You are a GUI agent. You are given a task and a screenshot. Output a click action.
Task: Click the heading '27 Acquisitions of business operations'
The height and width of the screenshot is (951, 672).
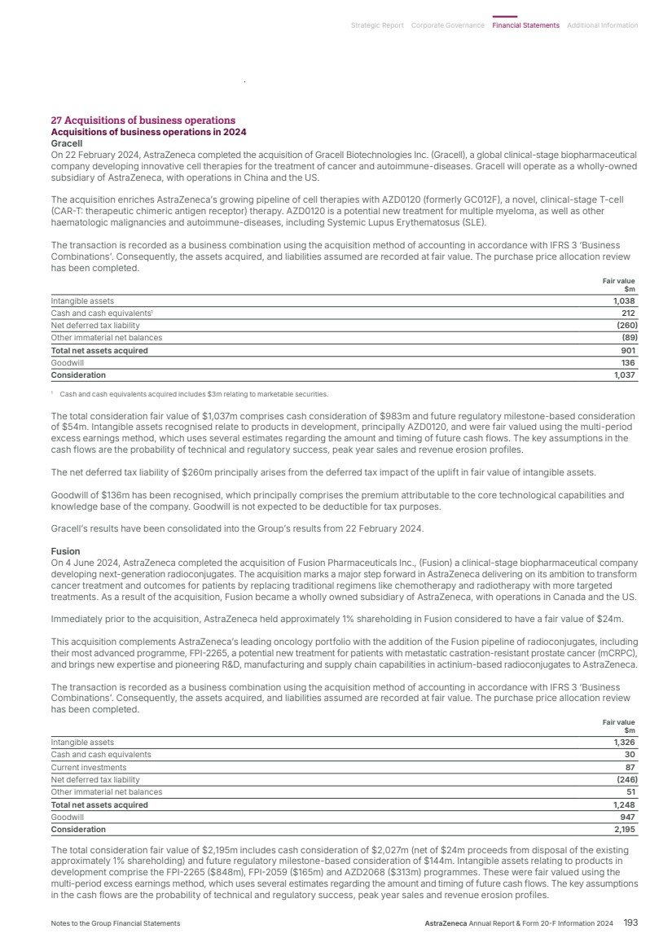[x=143, y=121]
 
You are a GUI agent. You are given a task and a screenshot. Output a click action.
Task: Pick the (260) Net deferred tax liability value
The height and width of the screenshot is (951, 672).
[x=625, y=326]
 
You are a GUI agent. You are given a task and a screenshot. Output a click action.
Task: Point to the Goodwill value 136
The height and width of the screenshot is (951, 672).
[x=628, y=363]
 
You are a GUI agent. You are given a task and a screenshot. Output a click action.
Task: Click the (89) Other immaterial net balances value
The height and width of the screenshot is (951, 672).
[x=628, y=338]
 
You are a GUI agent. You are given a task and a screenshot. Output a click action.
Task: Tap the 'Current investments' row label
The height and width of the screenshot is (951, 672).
[x=89, y=767]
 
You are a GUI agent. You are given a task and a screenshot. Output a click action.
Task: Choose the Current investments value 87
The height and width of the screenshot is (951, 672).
[x=630, y=767]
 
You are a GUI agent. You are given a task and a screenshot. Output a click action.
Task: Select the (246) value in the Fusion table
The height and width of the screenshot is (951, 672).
[x=625, y=780]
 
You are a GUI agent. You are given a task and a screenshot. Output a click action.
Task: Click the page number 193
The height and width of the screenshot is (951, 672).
[x=630, y=923]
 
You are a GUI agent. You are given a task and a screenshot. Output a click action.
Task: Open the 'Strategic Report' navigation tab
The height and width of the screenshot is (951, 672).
[x=377, y=25]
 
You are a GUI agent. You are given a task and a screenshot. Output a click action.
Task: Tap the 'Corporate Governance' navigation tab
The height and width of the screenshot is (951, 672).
[x=448, y=25]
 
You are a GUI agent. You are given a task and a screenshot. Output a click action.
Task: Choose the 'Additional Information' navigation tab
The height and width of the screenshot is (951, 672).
[x=602, y=25]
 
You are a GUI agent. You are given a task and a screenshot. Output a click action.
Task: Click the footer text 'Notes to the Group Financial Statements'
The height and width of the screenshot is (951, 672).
[x=116, y=923]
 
